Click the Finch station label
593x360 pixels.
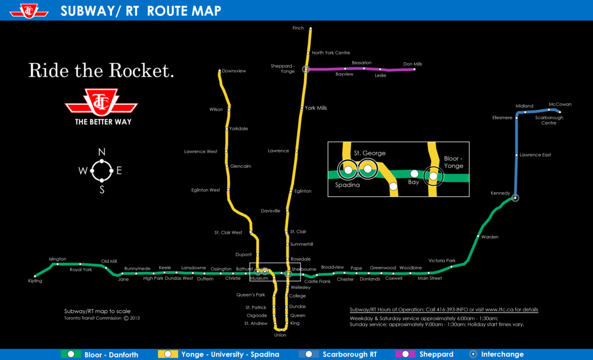[298, 28]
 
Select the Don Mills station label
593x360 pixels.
[412, 64]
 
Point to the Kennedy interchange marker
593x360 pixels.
[515, 197]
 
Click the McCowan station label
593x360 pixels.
[560, 104]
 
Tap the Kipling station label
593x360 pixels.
[35, 281]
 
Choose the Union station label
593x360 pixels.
[280, 335]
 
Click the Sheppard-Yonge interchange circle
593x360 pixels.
[306, 69]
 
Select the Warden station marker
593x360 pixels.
[477, 237]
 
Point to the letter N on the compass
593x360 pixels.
[101, 152]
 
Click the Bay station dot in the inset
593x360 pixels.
[415, 174]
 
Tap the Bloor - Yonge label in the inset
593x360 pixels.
[454, 162]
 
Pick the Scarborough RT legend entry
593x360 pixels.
[349, 355]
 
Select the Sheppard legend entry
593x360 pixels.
[436, 355]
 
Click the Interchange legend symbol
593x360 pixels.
[473, 354]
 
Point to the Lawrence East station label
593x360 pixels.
[535, 155]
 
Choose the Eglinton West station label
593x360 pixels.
[205, 190]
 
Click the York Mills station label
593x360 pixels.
[315, 108]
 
